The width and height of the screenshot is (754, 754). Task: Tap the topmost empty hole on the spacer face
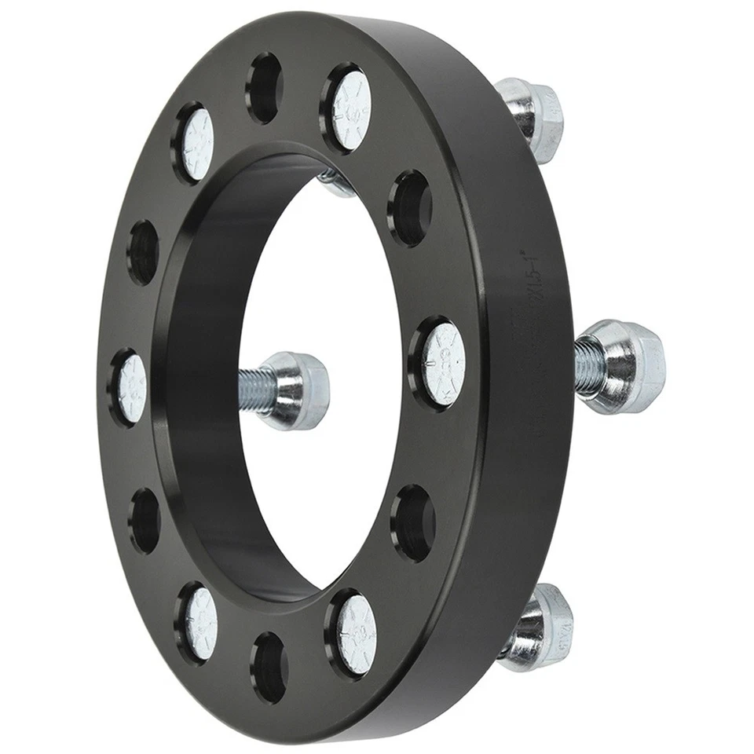265,88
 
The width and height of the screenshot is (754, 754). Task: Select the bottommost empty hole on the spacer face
269,666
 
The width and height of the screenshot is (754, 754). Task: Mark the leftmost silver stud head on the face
131,386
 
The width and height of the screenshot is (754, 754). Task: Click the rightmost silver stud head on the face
442,363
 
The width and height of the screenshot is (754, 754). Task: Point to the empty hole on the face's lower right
415,522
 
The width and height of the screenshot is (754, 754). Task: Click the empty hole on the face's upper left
143,251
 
